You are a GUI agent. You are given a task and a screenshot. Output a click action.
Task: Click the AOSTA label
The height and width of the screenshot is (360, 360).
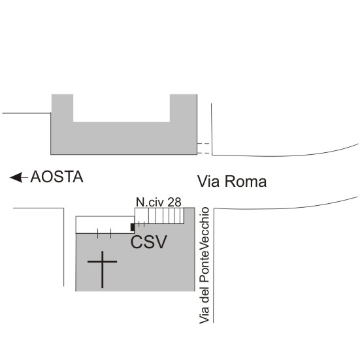57,177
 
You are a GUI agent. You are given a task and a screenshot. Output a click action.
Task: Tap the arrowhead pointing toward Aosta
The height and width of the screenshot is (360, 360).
16,177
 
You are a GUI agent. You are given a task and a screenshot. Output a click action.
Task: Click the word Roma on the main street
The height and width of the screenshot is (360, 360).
246,182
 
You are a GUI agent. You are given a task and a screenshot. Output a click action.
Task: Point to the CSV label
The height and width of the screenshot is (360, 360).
149,242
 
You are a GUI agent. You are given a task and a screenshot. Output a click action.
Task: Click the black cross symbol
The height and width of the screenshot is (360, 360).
102,269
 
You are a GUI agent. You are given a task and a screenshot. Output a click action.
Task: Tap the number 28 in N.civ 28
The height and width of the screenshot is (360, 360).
174,203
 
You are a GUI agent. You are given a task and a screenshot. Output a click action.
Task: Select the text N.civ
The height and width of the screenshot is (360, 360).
150,203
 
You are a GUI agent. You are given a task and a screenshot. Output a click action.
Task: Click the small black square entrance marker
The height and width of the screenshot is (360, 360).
133,227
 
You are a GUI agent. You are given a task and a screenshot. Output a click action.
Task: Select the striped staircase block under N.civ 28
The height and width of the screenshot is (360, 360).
159,216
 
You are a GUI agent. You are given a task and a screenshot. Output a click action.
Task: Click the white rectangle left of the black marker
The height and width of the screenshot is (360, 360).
105,225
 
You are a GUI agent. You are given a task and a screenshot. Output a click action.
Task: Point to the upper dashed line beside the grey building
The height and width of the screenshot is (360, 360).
203,144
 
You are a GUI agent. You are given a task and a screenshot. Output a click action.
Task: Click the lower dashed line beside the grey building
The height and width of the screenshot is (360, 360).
203,153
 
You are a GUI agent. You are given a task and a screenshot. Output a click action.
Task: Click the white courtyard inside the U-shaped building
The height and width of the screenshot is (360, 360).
122,108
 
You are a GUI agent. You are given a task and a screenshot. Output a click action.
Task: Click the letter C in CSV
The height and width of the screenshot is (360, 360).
137,242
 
